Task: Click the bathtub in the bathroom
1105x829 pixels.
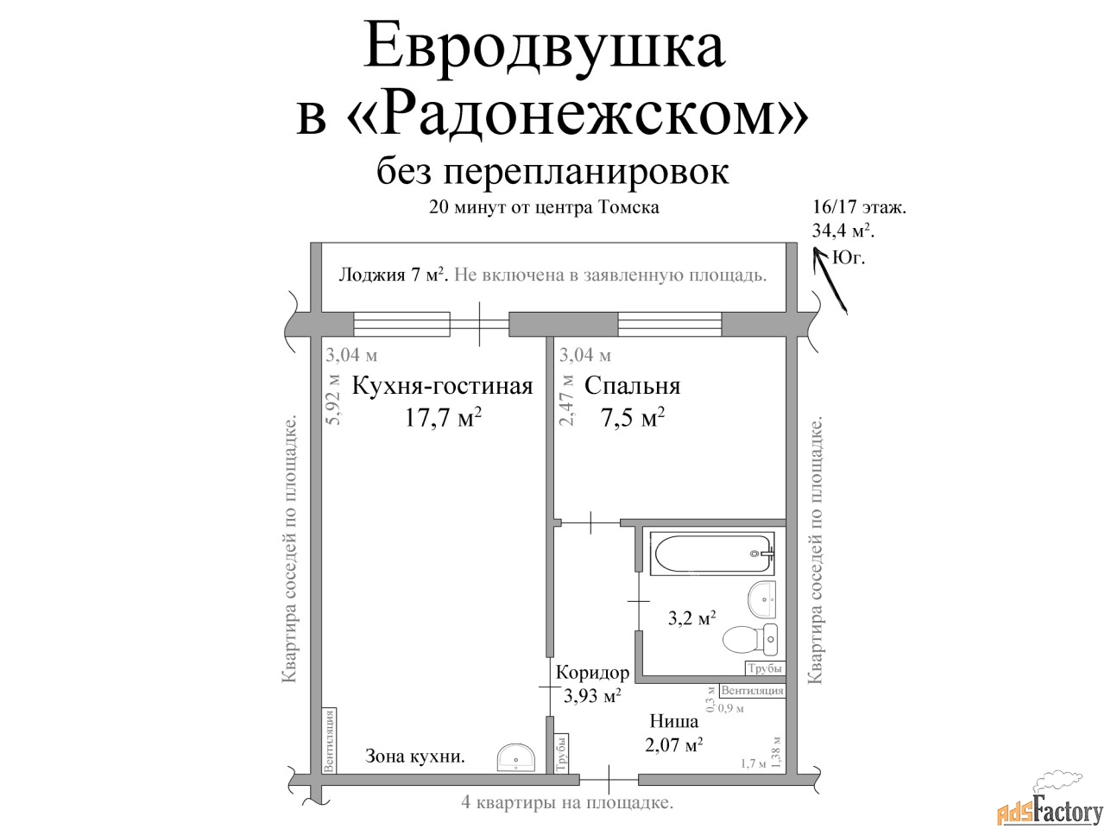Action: tap(712, 554)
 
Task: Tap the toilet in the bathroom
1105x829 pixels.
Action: tap(749, 639)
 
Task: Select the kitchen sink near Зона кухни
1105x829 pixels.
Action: tap(516, 758)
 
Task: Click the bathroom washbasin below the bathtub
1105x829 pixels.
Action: tap(761, 598)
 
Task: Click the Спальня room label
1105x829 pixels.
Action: tap(632, 386)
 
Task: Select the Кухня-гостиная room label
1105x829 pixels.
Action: tap(442, 386)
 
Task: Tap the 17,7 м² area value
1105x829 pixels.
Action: tap(443, 417)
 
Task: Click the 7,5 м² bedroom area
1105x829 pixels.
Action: tap(633, 417)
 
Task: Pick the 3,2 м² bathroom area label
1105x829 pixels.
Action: tap(691, 617)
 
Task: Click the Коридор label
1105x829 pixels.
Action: tap(592, 673)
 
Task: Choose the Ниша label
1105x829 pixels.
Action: tap(673, 721)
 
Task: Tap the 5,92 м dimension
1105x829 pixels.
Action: tap(333, 400)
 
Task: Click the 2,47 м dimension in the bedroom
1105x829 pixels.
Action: tap(566, 400)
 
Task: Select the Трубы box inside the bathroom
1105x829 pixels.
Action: tap(765, 668)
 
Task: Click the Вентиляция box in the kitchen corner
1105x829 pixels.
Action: tap(329, 740)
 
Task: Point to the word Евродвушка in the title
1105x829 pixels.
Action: tap(544, 47)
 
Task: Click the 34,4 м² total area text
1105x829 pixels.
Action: tap(843, 231)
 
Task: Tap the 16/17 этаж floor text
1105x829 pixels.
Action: tap(859, 207)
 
